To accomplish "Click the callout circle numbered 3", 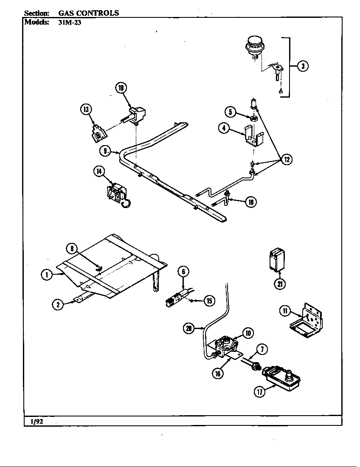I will (x=302, y=66).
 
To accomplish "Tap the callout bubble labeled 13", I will (x=86, y=110).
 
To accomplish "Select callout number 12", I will (x=287, y=160).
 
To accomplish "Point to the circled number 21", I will (x=279, y=284).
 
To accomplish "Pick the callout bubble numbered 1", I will (x=47, y=275).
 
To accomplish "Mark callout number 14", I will (x=99, y=171).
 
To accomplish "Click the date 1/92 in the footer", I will (x=37, y=421).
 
